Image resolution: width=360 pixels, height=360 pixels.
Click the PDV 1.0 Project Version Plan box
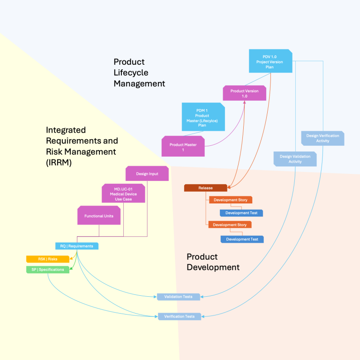270,61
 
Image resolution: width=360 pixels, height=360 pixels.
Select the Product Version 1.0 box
244,93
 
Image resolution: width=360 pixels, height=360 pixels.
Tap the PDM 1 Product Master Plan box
202,117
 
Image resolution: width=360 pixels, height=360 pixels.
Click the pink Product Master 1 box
183,146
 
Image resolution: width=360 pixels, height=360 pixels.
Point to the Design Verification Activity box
322,138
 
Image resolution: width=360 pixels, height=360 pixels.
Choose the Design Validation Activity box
295,159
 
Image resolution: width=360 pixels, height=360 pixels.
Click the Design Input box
147,173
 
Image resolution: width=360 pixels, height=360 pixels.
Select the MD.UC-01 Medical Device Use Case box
124,193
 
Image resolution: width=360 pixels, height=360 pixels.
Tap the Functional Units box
99,216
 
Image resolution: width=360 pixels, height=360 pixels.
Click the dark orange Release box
205,188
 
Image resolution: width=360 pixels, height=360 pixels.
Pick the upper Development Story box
231,200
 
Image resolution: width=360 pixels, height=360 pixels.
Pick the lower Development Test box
242,239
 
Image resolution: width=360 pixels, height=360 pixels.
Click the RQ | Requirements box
77,246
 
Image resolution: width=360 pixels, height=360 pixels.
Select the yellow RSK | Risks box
48,259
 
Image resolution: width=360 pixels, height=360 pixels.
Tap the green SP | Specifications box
48,270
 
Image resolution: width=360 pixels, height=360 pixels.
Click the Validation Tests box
178,297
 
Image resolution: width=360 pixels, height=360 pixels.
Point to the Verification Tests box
180,316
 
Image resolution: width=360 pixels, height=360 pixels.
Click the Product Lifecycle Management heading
139,73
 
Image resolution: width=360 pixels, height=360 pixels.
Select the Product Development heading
213,262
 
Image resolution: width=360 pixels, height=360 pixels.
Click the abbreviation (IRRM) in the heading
58,163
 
